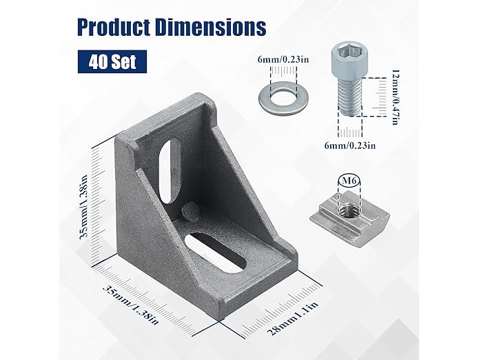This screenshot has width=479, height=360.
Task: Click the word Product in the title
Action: [114, 28]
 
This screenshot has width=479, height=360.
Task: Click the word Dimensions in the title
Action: [210, 28]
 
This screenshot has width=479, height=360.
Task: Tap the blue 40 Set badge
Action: [112, 62]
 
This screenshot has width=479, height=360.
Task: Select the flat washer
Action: [283, 98]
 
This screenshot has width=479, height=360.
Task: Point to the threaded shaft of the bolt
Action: [350, 97]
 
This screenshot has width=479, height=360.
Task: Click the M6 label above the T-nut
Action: [349, 181]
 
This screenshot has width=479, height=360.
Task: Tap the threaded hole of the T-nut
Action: [348, 210]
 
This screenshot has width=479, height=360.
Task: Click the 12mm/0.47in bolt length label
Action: [395, 97]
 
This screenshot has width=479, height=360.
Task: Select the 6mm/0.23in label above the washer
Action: [283, 59]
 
